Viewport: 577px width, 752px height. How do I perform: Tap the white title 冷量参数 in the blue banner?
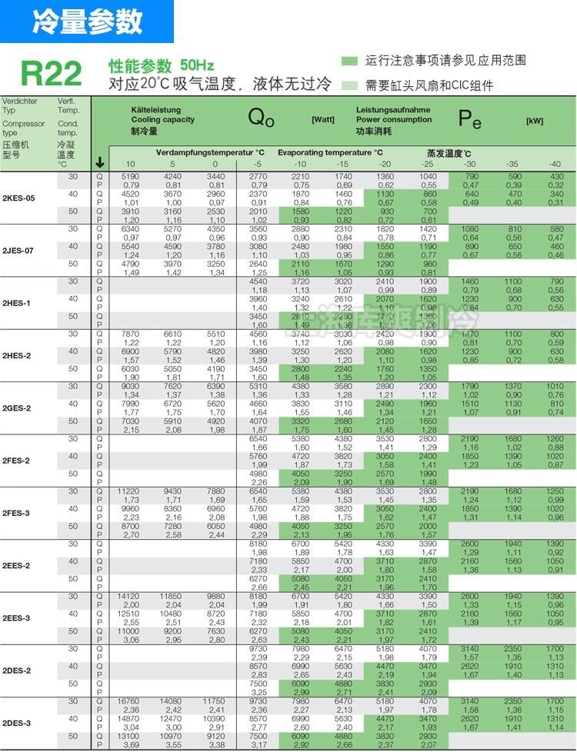[x=87, y=22]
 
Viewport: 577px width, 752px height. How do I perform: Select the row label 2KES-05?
[x=18, y=198]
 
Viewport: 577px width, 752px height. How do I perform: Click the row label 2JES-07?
[x=18, y=251]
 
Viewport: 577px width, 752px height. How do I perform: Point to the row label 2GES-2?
[x=17, y=408]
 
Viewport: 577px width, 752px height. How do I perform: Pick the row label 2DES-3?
[x=17, y=723]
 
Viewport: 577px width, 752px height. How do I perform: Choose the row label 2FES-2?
[x=17, y=461]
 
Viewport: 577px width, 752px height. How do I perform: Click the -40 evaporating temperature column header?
[x=554, y=164]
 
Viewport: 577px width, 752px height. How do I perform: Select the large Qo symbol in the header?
[x=262, y=118]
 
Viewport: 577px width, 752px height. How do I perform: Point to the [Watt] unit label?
[x=322, y=120]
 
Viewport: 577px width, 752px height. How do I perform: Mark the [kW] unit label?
[x=534, y=121]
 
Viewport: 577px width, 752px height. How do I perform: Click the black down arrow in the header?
[x=100, y=162]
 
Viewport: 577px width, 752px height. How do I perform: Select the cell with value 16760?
[x=130, y=701]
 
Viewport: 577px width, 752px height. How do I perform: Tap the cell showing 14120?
[x=130, y=596]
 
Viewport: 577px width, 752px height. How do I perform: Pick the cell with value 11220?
[x=130, y=491]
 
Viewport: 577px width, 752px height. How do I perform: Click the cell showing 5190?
[x=130, y=176]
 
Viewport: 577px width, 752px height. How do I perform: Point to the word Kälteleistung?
[x=155, y=110]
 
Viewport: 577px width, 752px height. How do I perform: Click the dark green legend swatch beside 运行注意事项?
[x=349, y=61]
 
